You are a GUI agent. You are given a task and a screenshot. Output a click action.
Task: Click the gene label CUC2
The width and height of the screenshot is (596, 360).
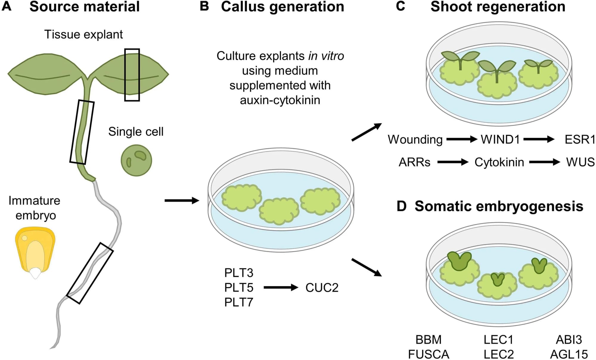pyautogui.click(x=322, y=288)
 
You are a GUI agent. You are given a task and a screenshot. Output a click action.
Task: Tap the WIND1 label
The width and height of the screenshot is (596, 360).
pyautogui.click(x=500, y=139)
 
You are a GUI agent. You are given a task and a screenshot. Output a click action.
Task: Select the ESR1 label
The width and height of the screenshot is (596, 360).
pyautogui.click(x=580, y=139)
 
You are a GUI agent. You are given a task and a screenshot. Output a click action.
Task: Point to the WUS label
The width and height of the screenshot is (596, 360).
pyautogui.click(x=580, y=162)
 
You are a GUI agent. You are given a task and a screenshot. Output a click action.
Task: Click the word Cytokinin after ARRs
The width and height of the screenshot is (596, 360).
pyautogui.click(x=499, y=162)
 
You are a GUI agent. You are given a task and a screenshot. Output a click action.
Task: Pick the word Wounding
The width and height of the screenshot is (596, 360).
pyautogui.click(x=415, y=139)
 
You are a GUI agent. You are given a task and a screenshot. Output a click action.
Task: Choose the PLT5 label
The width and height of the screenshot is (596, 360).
pyautogui.click(x=239, y=288)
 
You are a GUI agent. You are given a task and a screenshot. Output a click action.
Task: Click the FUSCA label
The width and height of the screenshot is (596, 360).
pyautogui.click(x=429, y=354)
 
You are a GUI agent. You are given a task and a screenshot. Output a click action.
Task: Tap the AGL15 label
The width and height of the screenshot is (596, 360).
pyautogui.click(x=569, y=354)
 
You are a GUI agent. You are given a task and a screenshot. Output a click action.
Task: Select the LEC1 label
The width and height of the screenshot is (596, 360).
pyautogui.click(x=499, y=339)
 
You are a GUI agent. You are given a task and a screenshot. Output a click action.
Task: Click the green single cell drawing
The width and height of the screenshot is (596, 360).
pyautogui.click(x=136, y=160)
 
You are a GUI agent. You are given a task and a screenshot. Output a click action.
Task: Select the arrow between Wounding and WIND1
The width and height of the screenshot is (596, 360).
pyautogui.click(x=462, y=139)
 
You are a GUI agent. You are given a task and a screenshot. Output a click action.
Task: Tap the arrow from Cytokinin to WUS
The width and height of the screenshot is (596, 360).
pyautogui.click(x=544, y=162)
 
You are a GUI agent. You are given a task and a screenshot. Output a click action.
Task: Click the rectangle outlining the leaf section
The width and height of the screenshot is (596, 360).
pyautogui.click(x=132, y=75)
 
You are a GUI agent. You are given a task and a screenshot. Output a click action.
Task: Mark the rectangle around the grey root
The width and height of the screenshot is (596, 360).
pyautogui.click(x=90, y=273)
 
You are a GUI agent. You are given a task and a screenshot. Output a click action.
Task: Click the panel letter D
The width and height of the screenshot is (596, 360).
pyautogui.click(x=402, y=206)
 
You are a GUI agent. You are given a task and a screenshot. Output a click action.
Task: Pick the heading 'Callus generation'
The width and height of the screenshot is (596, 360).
pyautogui.click(x=282, y=7)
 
